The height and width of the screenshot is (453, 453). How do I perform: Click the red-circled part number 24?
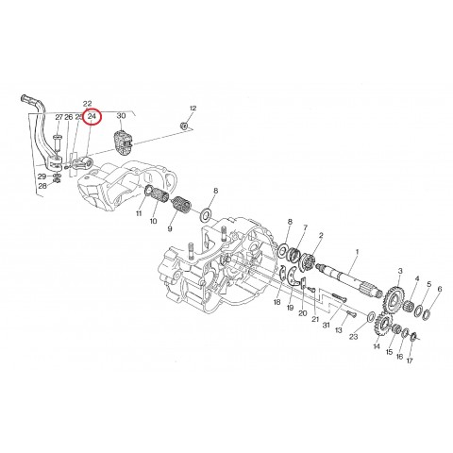click(92, 116)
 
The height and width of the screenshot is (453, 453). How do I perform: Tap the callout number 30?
click(121, 115)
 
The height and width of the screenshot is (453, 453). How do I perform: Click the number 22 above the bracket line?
click(87, 102)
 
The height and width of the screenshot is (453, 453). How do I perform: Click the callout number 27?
click(59, 117)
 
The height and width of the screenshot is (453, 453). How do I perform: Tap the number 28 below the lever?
click(42, 186)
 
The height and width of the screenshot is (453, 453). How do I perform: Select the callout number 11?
click(138, 214)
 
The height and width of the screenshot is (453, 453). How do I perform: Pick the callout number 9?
click(171, 228)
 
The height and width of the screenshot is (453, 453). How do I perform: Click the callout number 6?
click(439, 288)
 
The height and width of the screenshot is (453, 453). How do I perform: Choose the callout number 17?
click(410, 360)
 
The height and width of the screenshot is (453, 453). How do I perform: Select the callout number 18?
click(277, 304)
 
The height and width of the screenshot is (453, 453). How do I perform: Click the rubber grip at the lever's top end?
click(29, 97)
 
